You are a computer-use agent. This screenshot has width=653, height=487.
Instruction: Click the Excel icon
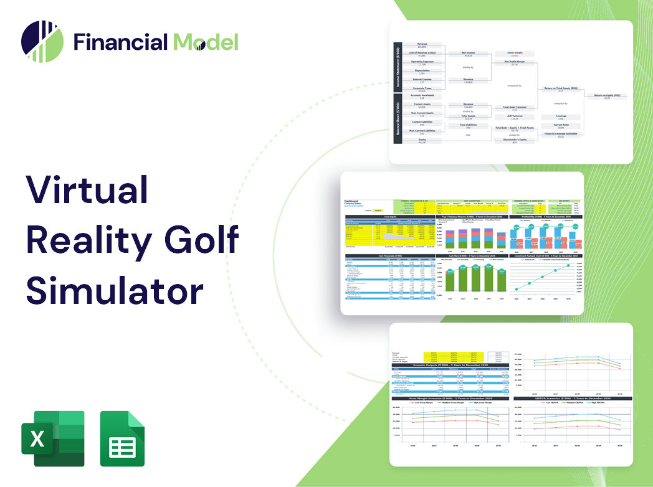pos(50,438)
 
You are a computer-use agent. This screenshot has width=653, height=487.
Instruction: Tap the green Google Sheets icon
pos(123,438)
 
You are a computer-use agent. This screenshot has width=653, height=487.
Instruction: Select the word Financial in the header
pos(120,42)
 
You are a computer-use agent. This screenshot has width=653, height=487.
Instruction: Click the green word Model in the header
pos(206,42)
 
